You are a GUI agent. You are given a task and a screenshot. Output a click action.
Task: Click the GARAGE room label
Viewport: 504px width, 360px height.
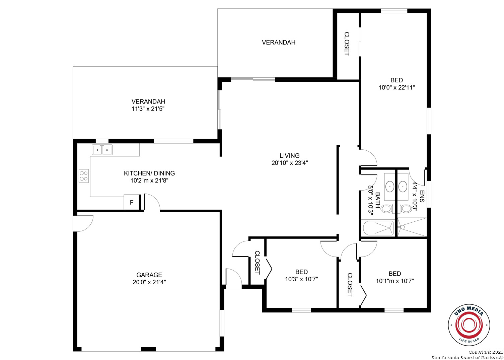pos(149,275)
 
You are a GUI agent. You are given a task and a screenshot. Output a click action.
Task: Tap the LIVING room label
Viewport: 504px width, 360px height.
pos(290,155)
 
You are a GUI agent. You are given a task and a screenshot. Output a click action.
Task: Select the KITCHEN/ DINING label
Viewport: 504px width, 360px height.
pos(149,173)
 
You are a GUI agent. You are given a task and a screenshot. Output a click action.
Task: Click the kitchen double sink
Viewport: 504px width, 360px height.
pos(102,150)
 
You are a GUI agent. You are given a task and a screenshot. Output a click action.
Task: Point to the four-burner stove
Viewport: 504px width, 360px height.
pos(84,176)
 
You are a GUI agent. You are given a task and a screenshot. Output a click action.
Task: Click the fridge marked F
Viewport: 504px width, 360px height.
pos(132,202)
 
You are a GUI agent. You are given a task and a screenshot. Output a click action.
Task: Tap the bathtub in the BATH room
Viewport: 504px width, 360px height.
pos(378,228)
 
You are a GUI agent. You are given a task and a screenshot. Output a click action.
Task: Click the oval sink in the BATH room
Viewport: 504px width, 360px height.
pos(390,187)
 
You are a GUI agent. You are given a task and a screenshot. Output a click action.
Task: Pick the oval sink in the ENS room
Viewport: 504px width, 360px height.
pos(403,187)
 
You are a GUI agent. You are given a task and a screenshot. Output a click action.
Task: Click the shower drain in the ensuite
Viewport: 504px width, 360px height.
pos(403,227)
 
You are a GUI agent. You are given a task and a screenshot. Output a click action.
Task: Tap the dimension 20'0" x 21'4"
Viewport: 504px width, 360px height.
pos(149,282)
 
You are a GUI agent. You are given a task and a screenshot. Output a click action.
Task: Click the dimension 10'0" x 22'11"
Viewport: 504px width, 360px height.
pos(397,87)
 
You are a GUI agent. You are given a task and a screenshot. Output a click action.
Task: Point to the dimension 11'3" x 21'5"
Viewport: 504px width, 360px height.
pos(148,109)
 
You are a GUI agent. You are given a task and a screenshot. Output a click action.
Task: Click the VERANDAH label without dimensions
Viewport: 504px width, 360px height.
pos(279,42)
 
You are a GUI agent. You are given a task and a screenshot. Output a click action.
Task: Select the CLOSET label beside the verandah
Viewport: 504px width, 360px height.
pos(347,44)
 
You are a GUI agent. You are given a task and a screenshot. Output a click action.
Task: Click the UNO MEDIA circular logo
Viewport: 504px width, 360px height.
pos(469,325)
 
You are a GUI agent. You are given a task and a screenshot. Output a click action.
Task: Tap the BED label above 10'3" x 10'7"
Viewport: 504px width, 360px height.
pos(301,272)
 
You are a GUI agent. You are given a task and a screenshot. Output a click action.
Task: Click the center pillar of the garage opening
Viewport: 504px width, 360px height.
pos(148,349)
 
